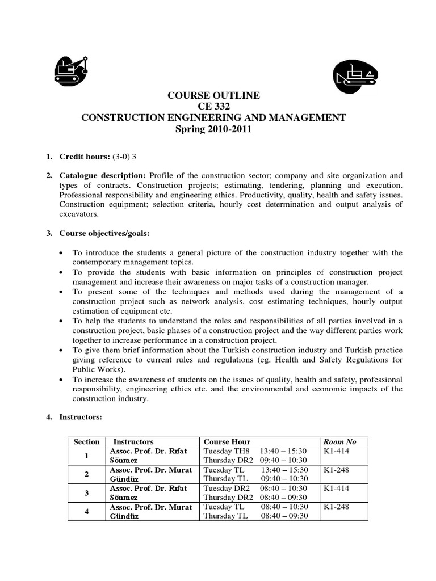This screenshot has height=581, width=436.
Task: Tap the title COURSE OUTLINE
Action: [213, 95]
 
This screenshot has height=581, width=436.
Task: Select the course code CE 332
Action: [213, 107]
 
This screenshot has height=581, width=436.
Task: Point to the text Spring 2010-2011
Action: [213, 129]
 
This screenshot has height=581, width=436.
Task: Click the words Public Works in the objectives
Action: [95, 369]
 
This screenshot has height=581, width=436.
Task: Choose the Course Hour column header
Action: [227, 441]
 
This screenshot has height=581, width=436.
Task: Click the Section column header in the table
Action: [86, 441]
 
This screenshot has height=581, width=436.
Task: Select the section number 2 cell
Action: [86, 474]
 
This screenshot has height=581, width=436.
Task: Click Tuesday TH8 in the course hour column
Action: [227, 451]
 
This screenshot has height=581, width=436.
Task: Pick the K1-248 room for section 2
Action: [336, 470]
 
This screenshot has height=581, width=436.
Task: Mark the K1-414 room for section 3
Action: [336, 489]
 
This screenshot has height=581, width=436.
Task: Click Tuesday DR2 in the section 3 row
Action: [227, 489]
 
